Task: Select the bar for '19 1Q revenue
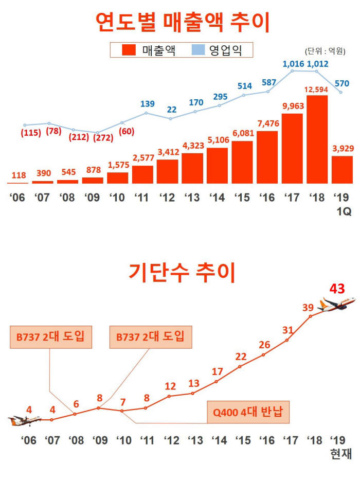[342, 170]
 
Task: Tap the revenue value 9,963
[292, 106]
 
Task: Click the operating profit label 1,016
[294, 64]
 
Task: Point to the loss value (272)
[103, 138]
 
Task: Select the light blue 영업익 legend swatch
[198, 50]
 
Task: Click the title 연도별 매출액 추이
[183, 22]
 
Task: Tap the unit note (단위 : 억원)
[325, 51]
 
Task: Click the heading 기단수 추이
[183, 272]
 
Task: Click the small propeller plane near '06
[24, 420]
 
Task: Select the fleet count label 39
[308, 308]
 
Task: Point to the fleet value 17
[217, 371]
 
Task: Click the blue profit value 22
[172, 109]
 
